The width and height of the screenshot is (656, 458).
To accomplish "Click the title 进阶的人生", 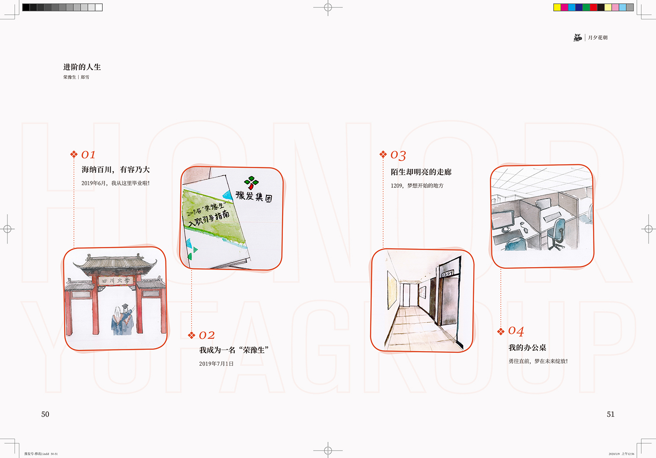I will (82, 67).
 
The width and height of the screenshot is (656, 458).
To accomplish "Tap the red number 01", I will (88, 155).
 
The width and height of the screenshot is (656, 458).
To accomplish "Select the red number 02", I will (207, 335).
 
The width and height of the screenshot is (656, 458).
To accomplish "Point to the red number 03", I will (398, 155).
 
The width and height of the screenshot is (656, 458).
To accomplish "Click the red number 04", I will (516, 331).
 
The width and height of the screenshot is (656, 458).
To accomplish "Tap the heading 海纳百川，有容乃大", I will (115, 169).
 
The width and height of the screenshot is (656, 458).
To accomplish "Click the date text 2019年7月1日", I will (216, 364).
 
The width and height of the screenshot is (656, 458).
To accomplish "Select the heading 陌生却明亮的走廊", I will (421, 172).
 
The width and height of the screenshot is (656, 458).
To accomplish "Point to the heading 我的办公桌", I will (527, 348).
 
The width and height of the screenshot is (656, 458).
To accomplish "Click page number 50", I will (45, 414).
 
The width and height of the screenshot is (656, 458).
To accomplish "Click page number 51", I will (611, 414).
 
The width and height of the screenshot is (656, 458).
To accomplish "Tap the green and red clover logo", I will (251, 182).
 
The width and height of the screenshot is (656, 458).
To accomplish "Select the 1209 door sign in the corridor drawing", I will (447, 274).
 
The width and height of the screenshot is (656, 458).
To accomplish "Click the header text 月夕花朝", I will (597, 38).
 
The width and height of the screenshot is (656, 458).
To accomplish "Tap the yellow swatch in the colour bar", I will (557, 7).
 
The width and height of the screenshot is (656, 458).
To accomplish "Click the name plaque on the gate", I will (115, 280).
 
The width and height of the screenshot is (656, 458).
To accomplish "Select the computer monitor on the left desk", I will (502, 219).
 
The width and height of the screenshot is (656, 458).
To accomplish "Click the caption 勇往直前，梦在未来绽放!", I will (538, 361).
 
